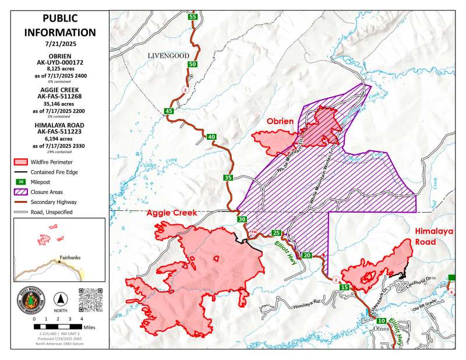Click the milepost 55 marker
[x=192, y=17]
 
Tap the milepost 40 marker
[x=211, y=137]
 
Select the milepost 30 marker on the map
[x=242, y=219]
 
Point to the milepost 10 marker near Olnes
[x=381, y=321]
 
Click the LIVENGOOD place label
[x=169, y=55]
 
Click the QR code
[x=90, y=299]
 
